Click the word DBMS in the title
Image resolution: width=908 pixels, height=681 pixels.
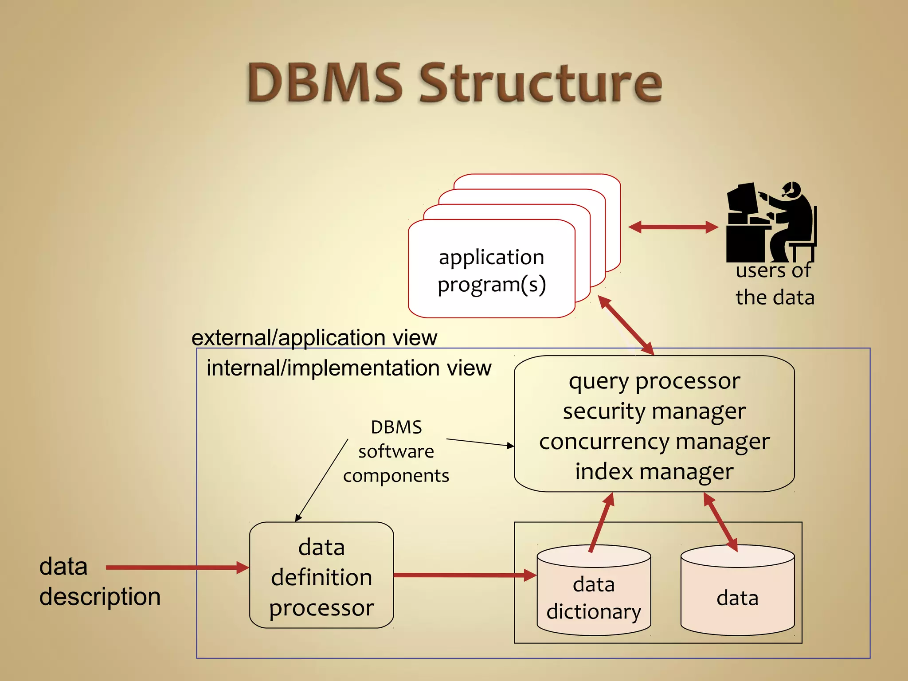[x=325, y=83]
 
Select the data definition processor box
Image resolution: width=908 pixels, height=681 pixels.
[x=321, y=575]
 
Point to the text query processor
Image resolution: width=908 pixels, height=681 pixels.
[x=654, y=381]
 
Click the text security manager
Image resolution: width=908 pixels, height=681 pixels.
[x=654, y=411]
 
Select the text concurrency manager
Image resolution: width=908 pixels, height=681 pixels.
[x=654, y=442]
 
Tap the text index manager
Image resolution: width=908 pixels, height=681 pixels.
[x=654, y=472]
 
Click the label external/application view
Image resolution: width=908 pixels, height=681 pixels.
[x=314, y=338]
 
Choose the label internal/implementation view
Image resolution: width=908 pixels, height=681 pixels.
[x=349, y=368]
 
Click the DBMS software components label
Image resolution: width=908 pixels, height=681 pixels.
[x=396, y=451]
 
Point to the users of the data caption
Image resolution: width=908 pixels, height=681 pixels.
[x=775, y=284]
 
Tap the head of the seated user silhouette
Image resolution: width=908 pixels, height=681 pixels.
[x=792, y=189]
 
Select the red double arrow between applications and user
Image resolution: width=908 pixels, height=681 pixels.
[x=673, y=227]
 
